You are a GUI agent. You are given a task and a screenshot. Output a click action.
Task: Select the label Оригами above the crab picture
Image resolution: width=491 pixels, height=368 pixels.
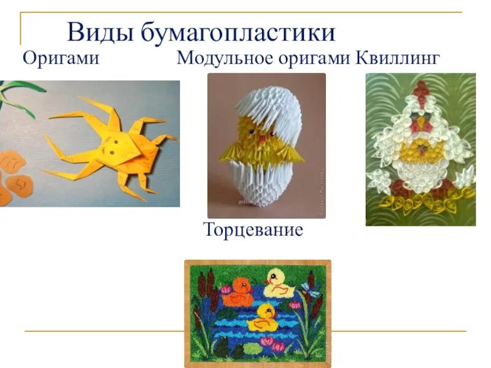point(61,59)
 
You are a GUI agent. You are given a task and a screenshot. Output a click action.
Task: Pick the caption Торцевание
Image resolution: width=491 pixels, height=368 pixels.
point(253,231)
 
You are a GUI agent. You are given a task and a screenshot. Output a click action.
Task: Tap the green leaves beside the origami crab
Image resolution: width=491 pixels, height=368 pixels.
point(15,98)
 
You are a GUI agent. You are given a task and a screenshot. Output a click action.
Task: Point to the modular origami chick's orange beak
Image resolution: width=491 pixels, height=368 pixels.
point(265,139)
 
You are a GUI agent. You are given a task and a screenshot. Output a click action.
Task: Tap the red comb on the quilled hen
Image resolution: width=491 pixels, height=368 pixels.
point(421,89)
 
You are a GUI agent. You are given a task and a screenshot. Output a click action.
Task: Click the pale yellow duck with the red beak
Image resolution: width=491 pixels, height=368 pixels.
point(279,283)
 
